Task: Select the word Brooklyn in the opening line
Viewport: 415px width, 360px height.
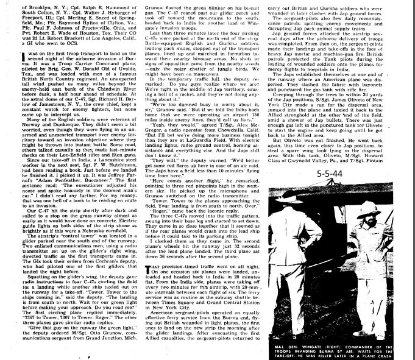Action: coord(18,4)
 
